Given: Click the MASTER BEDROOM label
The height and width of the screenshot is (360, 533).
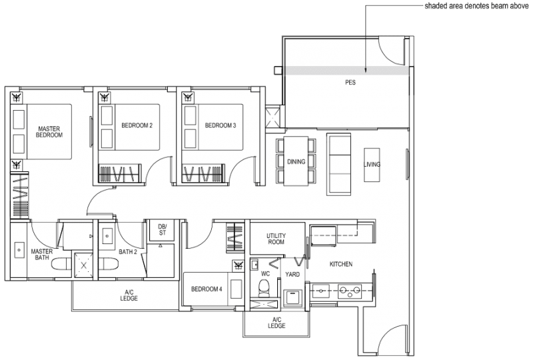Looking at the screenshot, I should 50,131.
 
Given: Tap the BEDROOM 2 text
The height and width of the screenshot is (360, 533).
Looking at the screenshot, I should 137,125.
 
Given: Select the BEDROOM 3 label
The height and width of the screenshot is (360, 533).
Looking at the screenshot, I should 221,125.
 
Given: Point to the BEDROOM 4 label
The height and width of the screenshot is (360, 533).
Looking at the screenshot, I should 206,289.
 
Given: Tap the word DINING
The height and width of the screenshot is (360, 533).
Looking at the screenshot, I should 296,161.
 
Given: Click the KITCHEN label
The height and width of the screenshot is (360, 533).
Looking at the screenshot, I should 341,265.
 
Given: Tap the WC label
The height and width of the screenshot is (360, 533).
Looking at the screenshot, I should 265,273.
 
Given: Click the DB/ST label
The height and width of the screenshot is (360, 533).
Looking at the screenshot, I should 162,229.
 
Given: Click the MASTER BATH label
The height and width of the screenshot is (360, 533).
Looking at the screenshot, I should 42,254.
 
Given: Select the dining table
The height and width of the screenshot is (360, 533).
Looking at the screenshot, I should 296,161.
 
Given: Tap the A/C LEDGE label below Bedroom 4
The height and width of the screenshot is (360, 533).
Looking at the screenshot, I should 276,323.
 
